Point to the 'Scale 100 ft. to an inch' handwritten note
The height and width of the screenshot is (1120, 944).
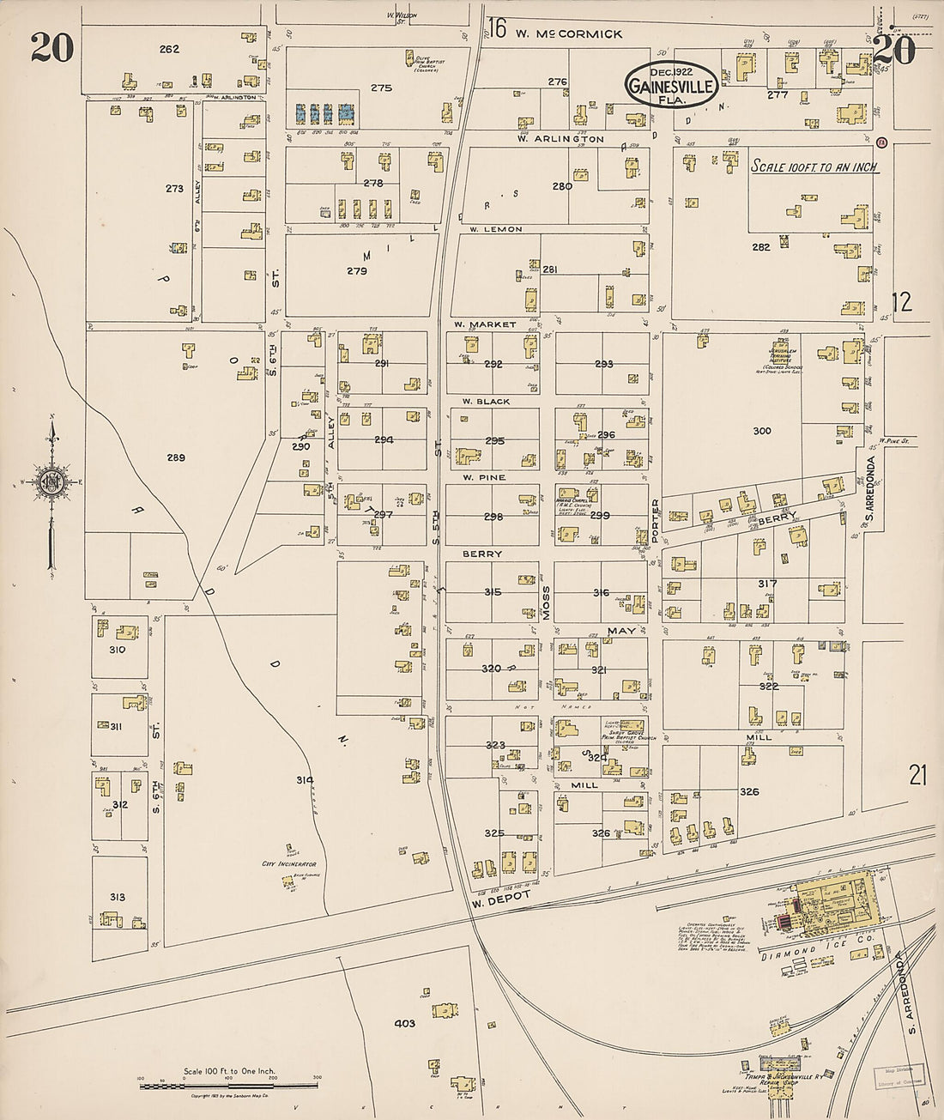coord(814,167)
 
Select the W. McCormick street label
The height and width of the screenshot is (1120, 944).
coord(568,34)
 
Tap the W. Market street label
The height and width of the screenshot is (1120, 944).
coord(485,324)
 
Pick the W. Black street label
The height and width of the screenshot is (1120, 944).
coord(486,401)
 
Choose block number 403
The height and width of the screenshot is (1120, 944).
coord(404,1023)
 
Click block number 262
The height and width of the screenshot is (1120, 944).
coord(169,49)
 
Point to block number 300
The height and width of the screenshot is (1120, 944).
coord(760,431)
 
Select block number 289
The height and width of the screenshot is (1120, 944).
coord(175,457)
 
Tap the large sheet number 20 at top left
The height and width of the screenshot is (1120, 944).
coord(51,50)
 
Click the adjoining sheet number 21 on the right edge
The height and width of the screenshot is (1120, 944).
coord(919,775)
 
